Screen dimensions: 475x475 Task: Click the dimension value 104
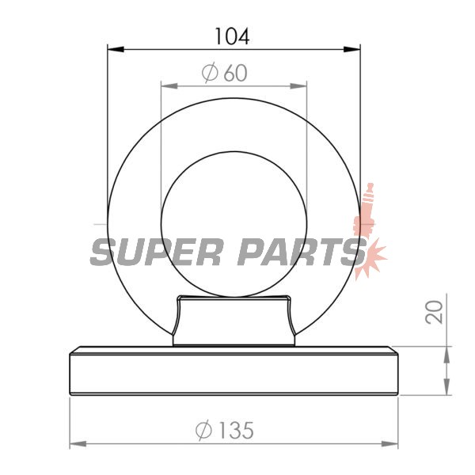click(x=232, y=36)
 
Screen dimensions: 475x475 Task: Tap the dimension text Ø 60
click(x=225, y=73)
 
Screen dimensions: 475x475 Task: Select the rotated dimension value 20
click(x=434, y=312)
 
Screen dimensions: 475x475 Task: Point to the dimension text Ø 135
click(x=225, y=430)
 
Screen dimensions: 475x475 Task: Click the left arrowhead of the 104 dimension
click(x=116, y=49)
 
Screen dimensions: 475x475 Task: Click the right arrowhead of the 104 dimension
click(x=352, y=49)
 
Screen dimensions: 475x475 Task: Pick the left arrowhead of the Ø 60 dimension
click(x=169, y=86)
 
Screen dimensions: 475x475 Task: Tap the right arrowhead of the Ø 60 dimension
click(x=298, y=86)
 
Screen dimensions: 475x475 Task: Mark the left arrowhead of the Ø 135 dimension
click(x=78, y=444)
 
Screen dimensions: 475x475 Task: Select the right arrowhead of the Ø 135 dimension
click(x=389, y=444)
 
